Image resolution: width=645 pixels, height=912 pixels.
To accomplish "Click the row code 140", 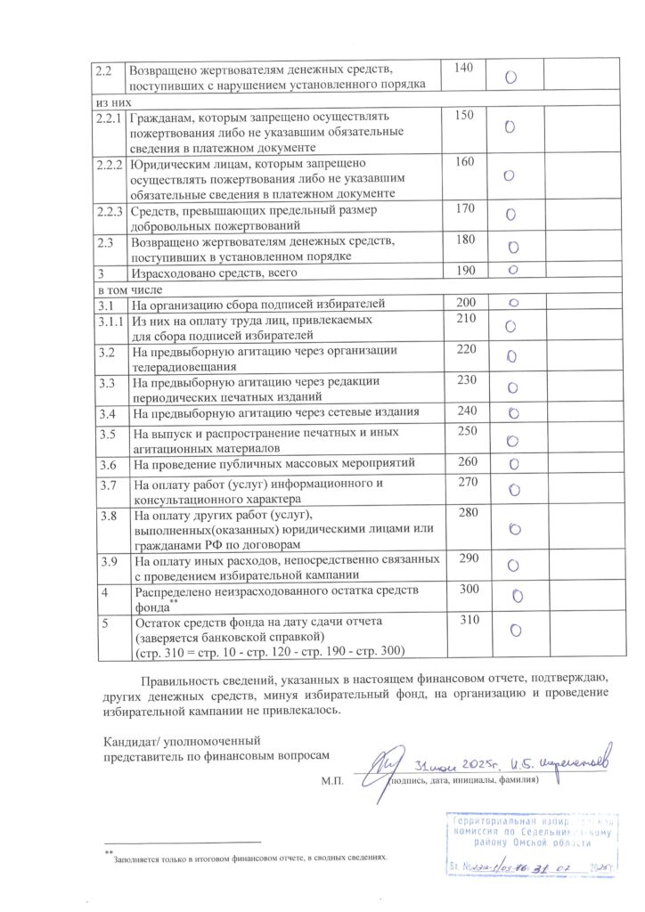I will tap(463, 68).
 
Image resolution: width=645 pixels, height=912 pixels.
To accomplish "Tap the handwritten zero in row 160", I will tap(509, 175).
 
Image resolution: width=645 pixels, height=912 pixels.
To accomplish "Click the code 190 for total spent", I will tap(464, 270).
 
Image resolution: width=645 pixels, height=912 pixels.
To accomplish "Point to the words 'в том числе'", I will tap(123, 289).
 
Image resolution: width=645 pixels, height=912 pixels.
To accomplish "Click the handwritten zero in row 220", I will tap(511, 356).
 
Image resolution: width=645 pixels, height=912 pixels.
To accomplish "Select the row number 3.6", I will tap(106, 464).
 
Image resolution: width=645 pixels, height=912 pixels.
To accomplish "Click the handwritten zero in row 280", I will tap(514, 528).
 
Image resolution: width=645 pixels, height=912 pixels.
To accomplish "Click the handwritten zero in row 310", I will tap(515, 631).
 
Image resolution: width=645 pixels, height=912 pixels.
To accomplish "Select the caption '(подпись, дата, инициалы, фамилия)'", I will tap(464, 780).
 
